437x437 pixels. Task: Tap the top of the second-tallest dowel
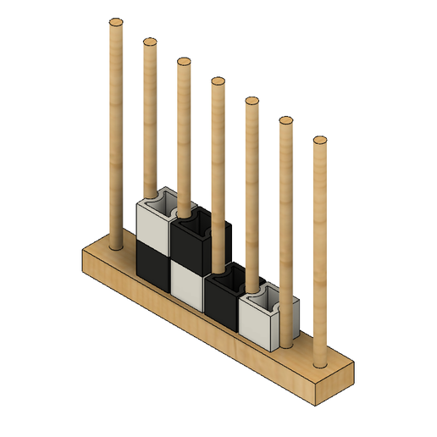(150, 41)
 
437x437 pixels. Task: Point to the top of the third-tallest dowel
(183, 62)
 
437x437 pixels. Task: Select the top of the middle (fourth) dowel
(218, 81)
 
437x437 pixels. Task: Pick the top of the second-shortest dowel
(285, 120)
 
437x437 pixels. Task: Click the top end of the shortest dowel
(319, 140)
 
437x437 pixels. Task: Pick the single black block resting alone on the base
(223, 301)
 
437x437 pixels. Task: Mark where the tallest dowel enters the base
(116, 246)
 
